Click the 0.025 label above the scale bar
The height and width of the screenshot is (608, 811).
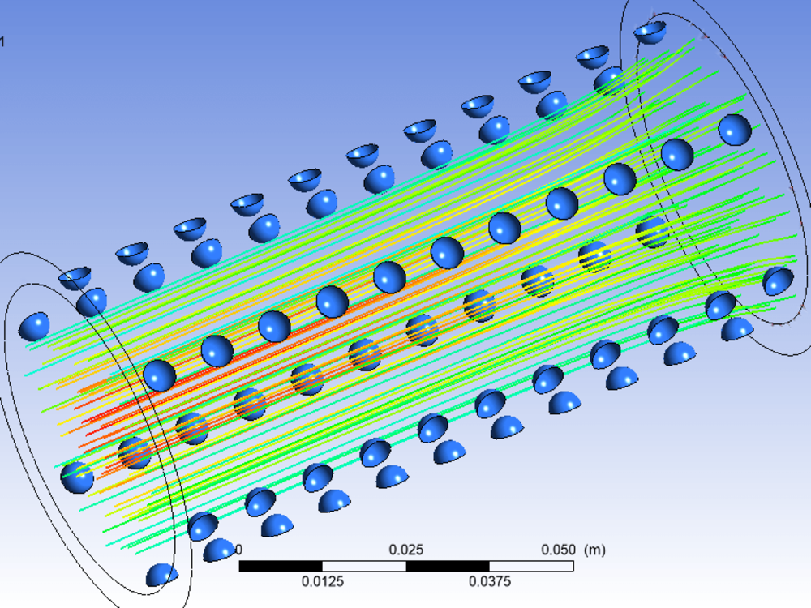tap(405, 550)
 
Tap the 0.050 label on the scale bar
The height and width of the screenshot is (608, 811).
tap(558, 550)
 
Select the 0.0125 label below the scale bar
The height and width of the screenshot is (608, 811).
tap(323, 581)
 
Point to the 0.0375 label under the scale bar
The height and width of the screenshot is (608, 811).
tap(489, 581)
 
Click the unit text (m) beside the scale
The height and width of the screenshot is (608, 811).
tap(594, 550)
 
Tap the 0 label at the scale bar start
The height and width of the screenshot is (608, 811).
tap(238, 550)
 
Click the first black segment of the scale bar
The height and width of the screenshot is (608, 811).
tap(281, 566)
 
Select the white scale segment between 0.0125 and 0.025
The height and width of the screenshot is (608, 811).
tap(364, 566)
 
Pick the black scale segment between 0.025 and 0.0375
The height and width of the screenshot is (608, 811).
tap(448, 566)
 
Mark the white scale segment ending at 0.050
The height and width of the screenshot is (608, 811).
tap(531, 566)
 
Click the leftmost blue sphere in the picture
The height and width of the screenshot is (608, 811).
tap(34, 326)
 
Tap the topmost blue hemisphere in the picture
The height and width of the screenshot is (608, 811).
tap(650, 32)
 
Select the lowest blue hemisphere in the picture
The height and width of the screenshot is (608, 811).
tap(161, 575)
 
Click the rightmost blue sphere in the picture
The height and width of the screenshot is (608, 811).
tap(779, 280)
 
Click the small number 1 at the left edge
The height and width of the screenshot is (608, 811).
tap(2, 41)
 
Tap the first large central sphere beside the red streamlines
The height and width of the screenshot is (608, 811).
tap(160, 375)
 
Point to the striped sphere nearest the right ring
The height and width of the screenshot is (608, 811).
tap(653, 232)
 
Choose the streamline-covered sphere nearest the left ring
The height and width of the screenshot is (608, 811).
tap(135, 452)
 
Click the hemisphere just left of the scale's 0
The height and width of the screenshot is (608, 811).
tap(218, 550)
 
